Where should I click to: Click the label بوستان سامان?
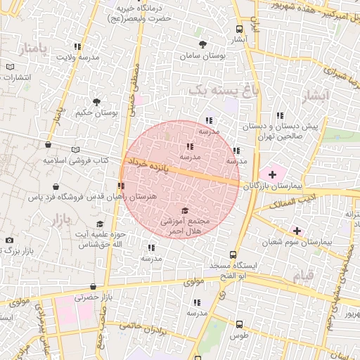click(x=202, y=56)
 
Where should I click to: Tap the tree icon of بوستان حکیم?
click(x=96, y=101)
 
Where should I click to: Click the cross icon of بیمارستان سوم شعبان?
click(x=297, y=230)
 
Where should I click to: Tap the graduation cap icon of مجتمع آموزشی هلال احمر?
click(x=185, y=210)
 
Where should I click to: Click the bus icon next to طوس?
click(x=240, y=324)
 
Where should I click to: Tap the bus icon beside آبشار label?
click(x=240, y=29)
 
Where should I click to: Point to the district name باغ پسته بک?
click(x=219, y=90)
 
